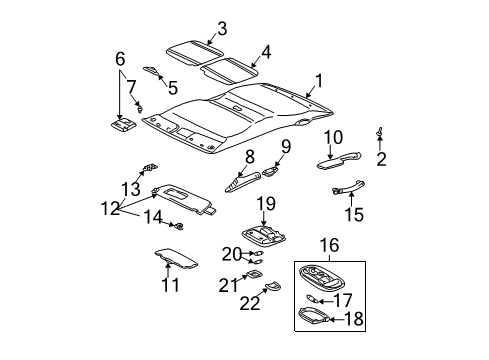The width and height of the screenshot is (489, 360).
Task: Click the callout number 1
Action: tap(318, 79)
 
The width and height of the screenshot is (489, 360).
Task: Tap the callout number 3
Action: tap(223, 28)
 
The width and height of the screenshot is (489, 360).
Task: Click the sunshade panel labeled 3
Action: tap(193, 51)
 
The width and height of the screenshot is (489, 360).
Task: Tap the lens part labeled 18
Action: tap(319, 317)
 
